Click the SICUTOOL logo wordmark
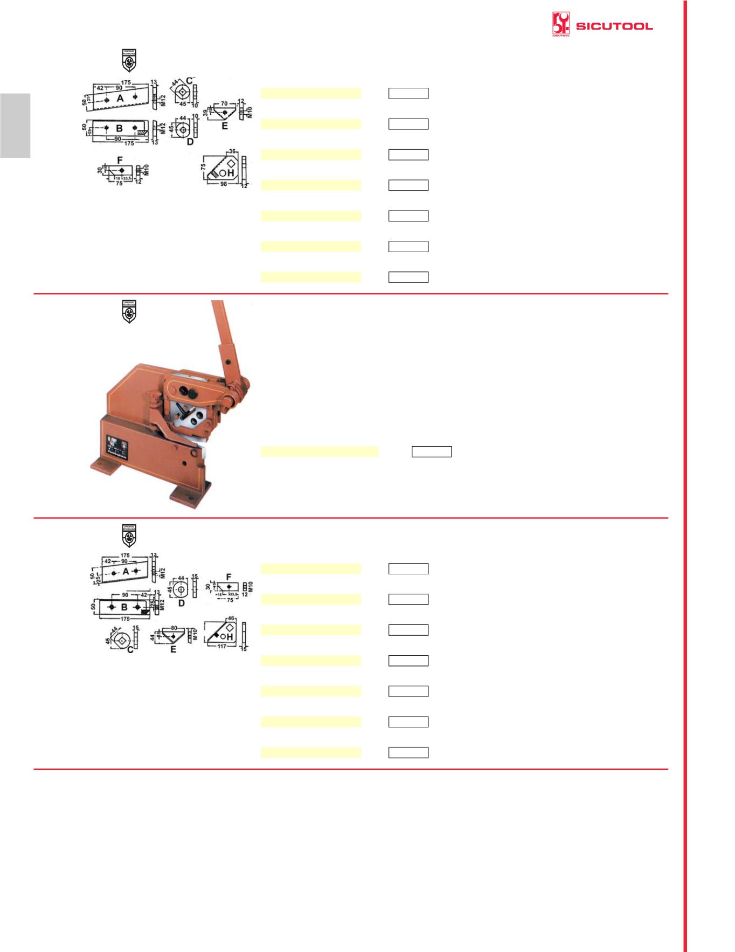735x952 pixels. (x=614, y=26)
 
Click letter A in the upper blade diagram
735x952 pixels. (x=120, y=98)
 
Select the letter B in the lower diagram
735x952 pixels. (x=124, y=607)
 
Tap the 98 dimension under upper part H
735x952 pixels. (x=224, y=184)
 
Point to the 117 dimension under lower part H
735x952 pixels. (x=222, y=646)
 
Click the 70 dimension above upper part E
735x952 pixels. (x=224, y=103)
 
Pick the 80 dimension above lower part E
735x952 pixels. (x=174, y=628)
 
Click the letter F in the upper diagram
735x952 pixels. (x=120, y=160)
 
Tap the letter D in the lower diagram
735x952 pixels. (x=182, y=603)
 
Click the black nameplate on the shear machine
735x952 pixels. (x=117, y=447)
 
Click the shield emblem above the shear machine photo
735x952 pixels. (x=129, y=312)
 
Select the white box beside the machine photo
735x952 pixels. (x=432, y=451)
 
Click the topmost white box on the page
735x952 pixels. (x=408, y=93)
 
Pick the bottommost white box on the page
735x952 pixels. (x=408, y=753)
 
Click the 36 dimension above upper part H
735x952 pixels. (x=232, y=151)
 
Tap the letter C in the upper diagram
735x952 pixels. (x=189, y=81)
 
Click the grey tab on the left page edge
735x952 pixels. (x=15, y=126)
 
